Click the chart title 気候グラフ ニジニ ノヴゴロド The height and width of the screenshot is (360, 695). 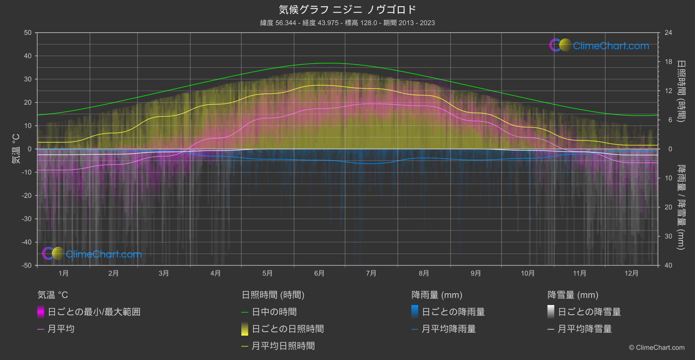pos(347,10)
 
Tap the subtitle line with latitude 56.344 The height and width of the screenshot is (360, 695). pos(347,23)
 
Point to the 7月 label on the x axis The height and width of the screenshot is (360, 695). pos(371,273)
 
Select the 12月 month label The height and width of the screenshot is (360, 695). pos(631,273)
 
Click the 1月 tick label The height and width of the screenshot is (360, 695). pos(64,273)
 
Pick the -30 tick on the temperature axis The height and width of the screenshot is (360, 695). pos(27,219)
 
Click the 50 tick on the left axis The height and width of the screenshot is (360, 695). pos(28,33)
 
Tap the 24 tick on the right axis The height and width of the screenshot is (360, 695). pos(668,33)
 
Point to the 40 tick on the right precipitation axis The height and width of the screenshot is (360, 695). pos(668,265)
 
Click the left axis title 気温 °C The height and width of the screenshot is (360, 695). pos(16,149)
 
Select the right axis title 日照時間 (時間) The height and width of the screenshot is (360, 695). pos(681,91)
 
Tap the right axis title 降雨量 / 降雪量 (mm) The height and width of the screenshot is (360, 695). pos(681,207)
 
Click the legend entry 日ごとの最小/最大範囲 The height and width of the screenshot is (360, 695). pos(94,312)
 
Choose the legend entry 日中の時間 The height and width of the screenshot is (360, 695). pos(274,312)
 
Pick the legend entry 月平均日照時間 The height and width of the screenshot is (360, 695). pos(283,346)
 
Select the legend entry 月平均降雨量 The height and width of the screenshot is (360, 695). pos(448,329)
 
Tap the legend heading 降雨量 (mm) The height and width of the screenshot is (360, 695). pos(437,295)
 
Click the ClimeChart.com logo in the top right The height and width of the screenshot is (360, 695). pos(599,45)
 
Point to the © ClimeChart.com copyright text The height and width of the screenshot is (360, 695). pos(657,348)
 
